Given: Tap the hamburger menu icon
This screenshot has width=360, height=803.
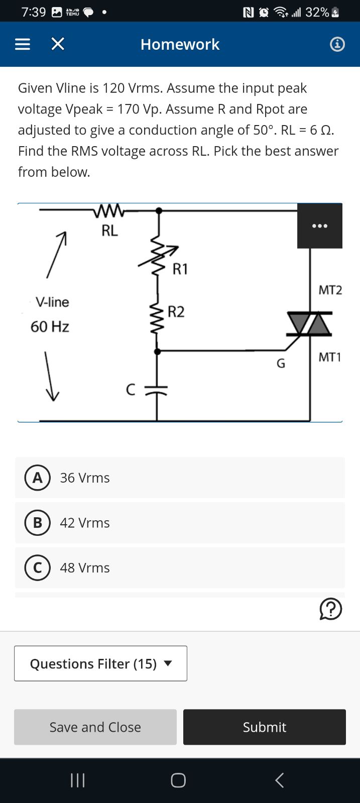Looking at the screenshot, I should [x=22, y=45].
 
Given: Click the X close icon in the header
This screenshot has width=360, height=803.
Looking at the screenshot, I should [x=58, y=45].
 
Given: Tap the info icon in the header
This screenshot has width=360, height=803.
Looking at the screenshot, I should [x=337, y=45].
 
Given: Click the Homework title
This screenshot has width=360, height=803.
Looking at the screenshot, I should [x=180, y=45].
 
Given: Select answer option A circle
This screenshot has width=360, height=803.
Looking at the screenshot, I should [x=37, y=478].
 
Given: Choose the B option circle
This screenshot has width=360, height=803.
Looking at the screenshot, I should [x=37, y=523].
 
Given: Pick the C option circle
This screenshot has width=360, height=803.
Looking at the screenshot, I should [x=37, y=567].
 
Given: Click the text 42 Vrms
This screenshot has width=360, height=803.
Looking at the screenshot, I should [x=85, y=523].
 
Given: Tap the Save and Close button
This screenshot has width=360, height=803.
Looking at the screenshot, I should [x=95, y=727].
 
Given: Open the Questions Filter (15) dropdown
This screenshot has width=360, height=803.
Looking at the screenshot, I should [x=100, y=663].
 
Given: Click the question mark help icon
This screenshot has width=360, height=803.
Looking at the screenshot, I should [x=330, y=609].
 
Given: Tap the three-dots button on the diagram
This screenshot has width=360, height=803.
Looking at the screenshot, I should [x=320, y=226].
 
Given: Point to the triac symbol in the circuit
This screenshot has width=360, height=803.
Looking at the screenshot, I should [x=309, y=323].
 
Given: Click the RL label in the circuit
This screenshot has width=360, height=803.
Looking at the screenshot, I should [x=109, y=231].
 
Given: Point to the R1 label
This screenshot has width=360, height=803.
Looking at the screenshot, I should [x=180, y=269].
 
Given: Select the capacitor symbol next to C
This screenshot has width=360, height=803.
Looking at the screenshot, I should [x=157, y=390].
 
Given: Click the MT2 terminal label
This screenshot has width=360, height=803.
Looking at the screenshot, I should [x=330, y=290].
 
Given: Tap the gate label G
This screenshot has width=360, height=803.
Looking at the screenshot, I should [x=281, y=363].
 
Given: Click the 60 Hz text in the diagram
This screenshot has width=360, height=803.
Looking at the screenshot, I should [x=50, y=326].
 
